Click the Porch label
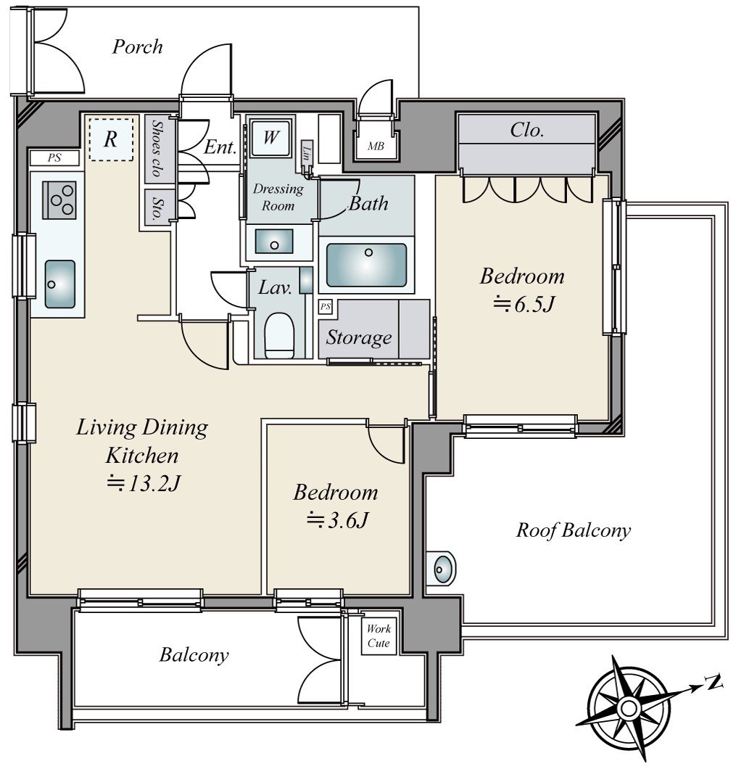click(x=137, y=46)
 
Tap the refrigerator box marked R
click(x=112, y=139)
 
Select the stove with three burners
click(x=59, y=200)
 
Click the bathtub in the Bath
click(x=366, y=265)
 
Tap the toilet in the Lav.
click(x=279, y=335)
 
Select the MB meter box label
click(x=376, y=146)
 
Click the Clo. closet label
click(x=526, y=129)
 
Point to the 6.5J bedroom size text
click(x=524, y=305)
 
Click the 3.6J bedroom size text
click(x=337, y=520)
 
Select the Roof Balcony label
click(x=573, y=530)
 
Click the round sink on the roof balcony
click(x=443, y=569)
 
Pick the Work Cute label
click(x=379, y=636)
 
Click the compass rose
click(x=629, y=707)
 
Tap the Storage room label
click(x=359, y=337)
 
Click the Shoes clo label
click(x=158, y=148)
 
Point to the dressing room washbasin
click(x=275, y=242)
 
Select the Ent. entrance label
click(x=220, y=146)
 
